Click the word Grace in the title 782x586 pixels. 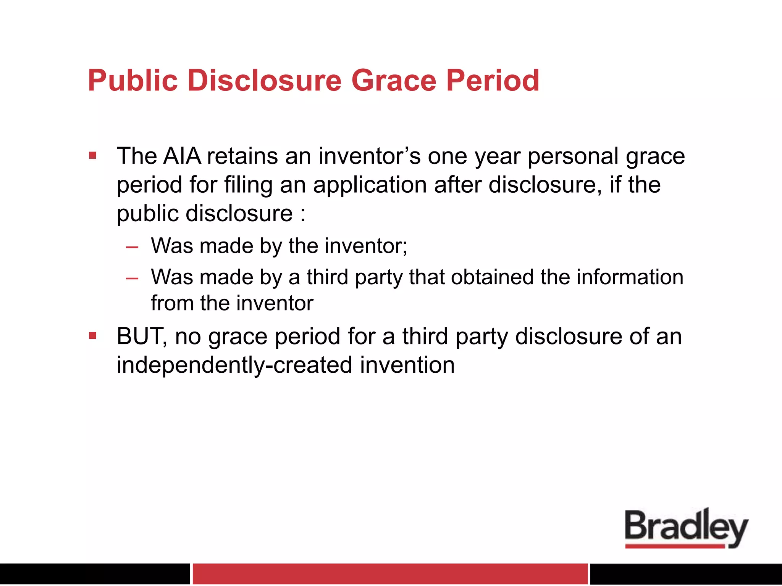coord(393,80)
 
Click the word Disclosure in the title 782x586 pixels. coord(264,80)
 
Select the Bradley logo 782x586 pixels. coord(686,528)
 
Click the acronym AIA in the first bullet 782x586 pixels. coord(182,156)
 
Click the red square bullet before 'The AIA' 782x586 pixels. coord(92,156)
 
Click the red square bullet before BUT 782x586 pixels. coord(92,336)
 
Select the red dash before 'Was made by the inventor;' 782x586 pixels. coord(132,247)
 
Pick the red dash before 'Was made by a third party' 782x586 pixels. coord(132,279)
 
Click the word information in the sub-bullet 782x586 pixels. coord(630,277)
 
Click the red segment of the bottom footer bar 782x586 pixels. coord(389,573)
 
